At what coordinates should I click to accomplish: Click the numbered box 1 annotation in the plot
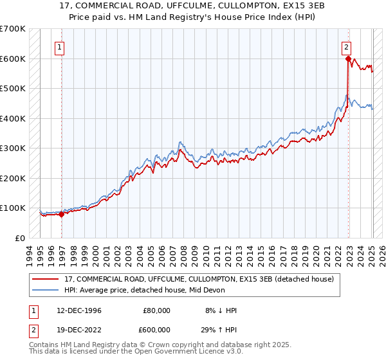coord(59,46)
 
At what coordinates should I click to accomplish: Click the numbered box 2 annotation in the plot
coord(346,46)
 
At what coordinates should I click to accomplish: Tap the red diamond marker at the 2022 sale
coord(348,59)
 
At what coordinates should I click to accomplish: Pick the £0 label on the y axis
coord(20,238)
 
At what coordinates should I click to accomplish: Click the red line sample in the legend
coord(46,279)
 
